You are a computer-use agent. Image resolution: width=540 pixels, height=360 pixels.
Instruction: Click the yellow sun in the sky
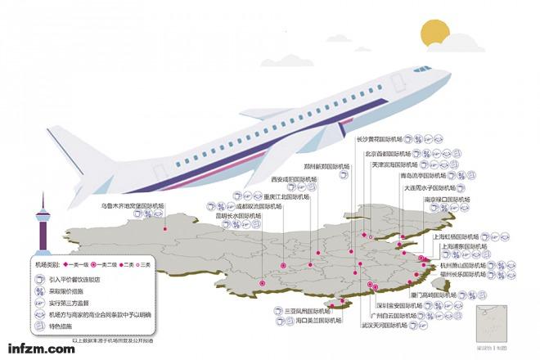[434, 35]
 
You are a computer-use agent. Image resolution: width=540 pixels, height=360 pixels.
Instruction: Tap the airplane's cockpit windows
[422, 70]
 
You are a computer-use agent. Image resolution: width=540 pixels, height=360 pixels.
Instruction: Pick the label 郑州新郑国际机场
[320, 166]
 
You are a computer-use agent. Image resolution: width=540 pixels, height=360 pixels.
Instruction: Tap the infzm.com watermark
[38, 349]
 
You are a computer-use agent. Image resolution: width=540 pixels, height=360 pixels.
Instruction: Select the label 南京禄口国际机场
[447, 200]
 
